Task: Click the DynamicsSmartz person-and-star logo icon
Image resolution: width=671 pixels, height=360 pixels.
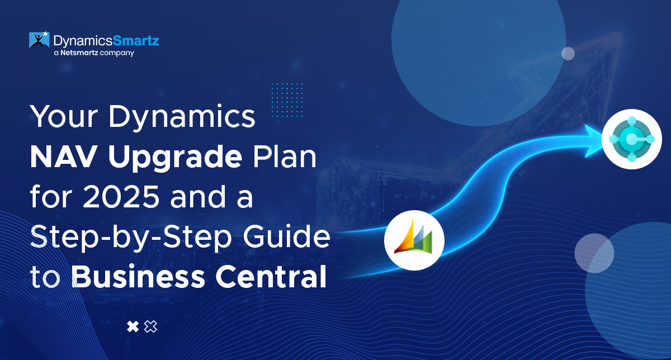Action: (39, 40)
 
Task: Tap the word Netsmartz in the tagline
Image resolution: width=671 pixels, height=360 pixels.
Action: (79, 53)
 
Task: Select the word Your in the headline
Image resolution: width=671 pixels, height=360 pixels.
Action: (64, 116)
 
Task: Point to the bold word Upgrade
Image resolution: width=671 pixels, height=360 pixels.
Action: (175, 158)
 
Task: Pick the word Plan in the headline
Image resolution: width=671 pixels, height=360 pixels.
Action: (285, 157)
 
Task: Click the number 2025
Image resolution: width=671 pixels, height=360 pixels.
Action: (121, 197)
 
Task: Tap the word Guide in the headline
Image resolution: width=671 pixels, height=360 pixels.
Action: (286, 236)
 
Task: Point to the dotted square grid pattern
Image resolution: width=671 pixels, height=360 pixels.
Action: (287, 100)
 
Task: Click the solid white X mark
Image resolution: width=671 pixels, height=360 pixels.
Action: (133, 326)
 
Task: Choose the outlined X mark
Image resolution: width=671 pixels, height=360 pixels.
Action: (150, 326)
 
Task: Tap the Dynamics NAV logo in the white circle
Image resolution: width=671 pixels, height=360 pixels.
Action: (414, 240)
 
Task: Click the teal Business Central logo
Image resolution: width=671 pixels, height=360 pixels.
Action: (631, 139)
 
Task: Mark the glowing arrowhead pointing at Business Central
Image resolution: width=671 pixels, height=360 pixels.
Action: (594, 141)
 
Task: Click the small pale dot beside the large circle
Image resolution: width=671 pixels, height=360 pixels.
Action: (568, 54)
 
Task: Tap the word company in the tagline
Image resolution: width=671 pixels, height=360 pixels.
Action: (117, 53)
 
